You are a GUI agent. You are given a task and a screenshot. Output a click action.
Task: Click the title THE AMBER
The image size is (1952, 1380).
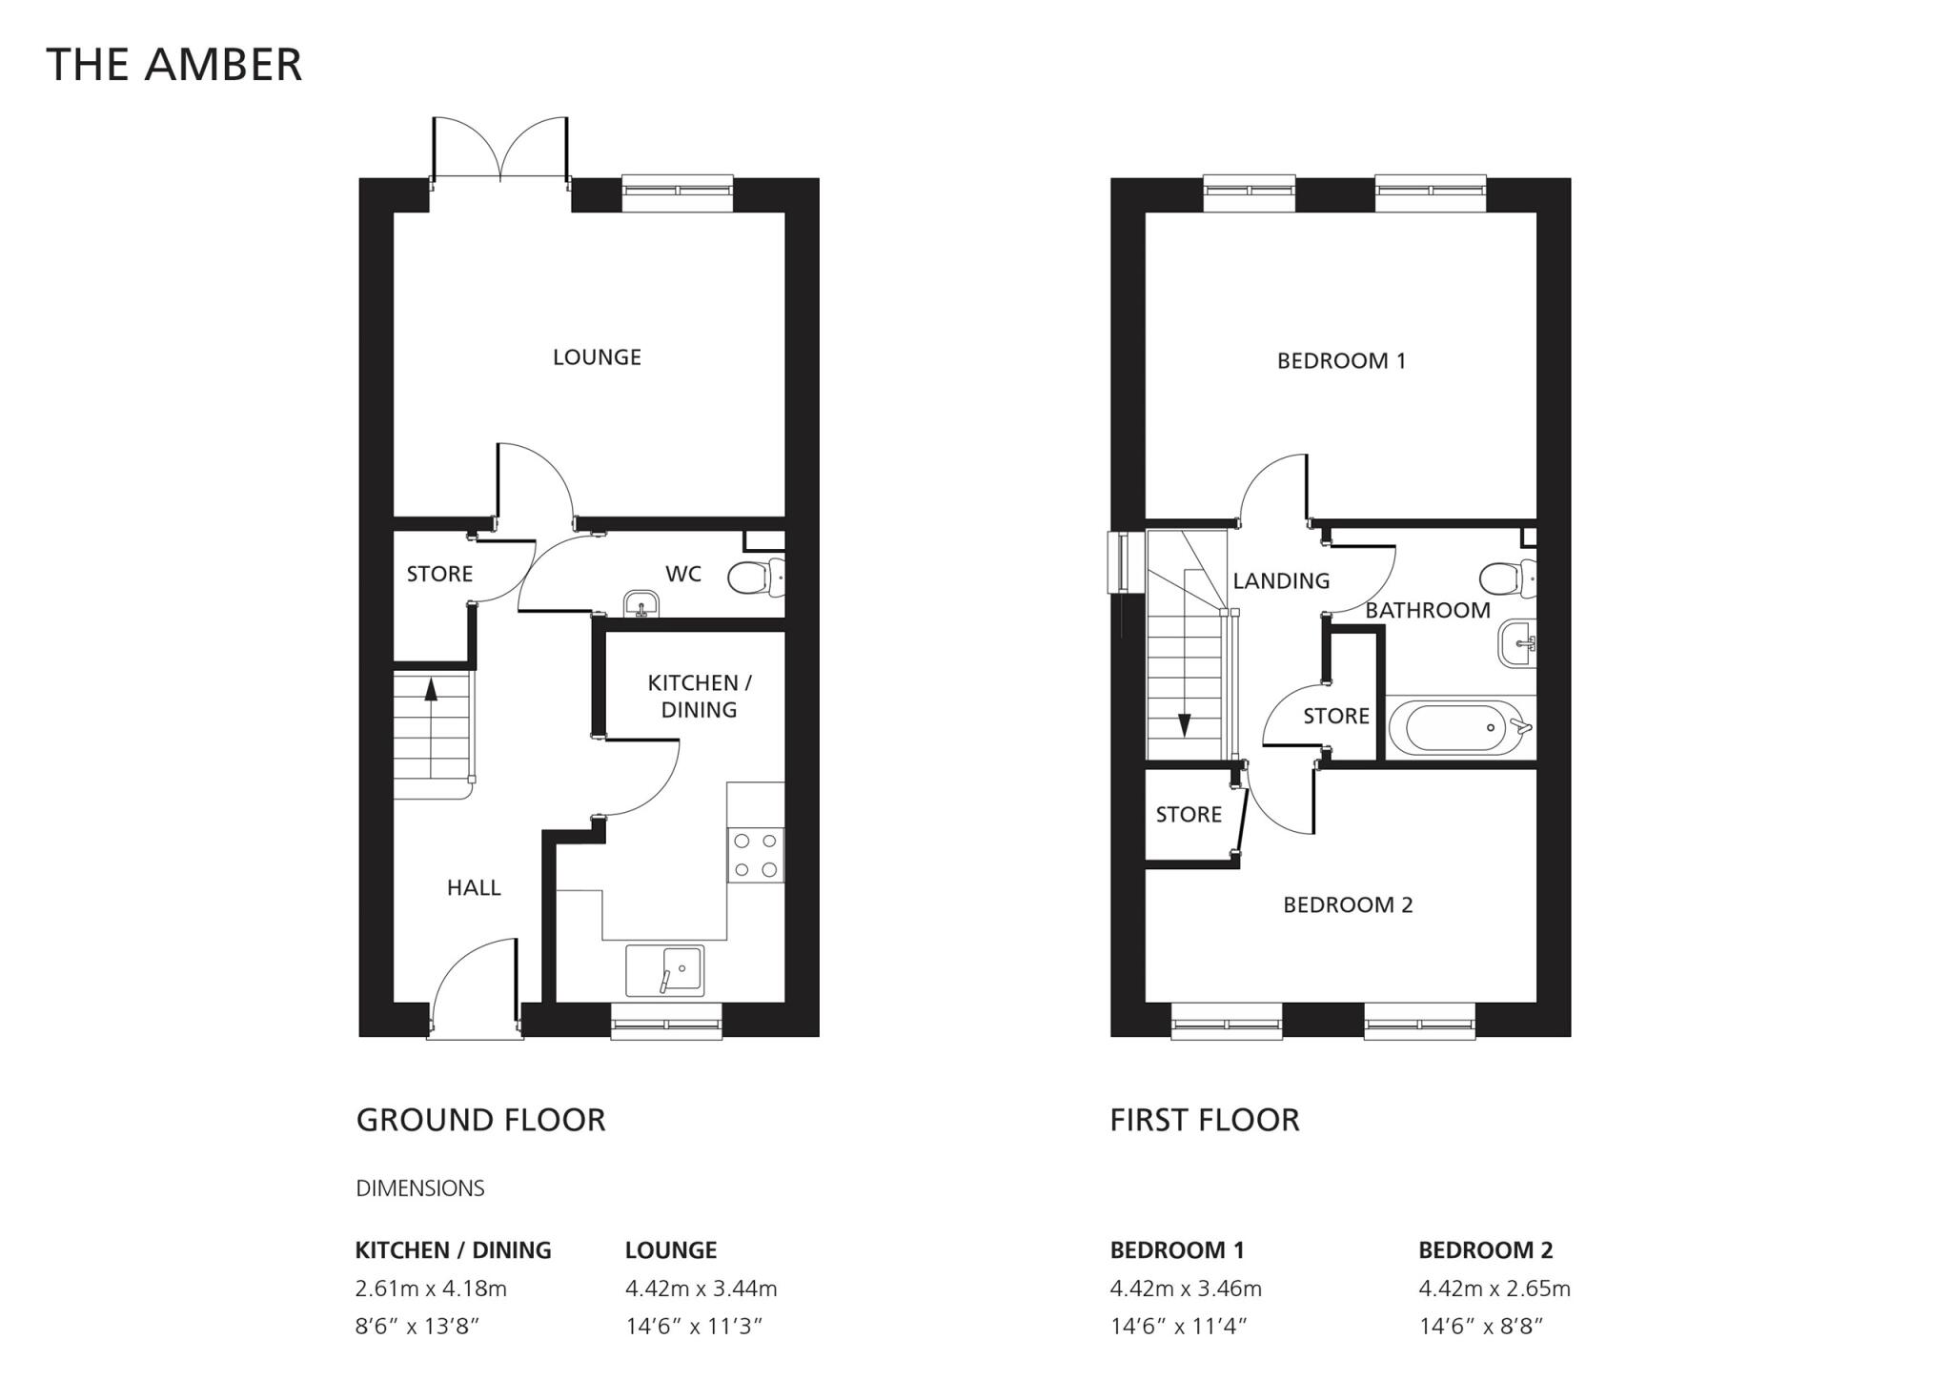click(173, 65)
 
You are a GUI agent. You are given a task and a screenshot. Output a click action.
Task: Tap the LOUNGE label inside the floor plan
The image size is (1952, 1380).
click(597, 357)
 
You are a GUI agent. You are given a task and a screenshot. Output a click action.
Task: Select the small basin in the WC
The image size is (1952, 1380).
click(641, 603)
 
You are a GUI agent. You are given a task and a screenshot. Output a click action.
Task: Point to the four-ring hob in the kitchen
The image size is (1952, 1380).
click(756, 855)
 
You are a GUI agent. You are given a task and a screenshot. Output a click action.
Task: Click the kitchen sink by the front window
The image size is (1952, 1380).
click(665, 970)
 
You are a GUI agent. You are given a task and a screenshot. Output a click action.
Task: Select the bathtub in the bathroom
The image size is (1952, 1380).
click(1458, 728)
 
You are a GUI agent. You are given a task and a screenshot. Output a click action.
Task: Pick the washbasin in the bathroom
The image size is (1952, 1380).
click(1517, 643)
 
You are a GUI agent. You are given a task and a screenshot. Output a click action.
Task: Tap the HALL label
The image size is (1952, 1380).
click(474, 888)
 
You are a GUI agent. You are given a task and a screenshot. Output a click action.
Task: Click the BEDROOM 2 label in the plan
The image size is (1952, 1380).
click(1347, 905)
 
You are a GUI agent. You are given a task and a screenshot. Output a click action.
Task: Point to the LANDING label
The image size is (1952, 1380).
click(1280, 581)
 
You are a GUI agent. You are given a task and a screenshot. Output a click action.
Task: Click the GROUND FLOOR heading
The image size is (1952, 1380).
click(480, 1120)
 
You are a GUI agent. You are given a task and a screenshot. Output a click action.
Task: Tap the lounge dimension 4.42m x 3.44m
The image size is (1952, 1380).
click(701, 1289)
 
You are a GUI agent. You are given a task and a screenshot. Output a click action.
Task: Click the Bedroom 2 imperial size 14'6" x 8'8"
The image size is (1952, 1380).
click(1480, 1327)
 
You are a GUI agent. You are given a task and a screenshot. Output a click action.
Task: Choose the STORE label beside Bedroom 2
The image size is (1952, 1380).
click(1188, 815)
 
